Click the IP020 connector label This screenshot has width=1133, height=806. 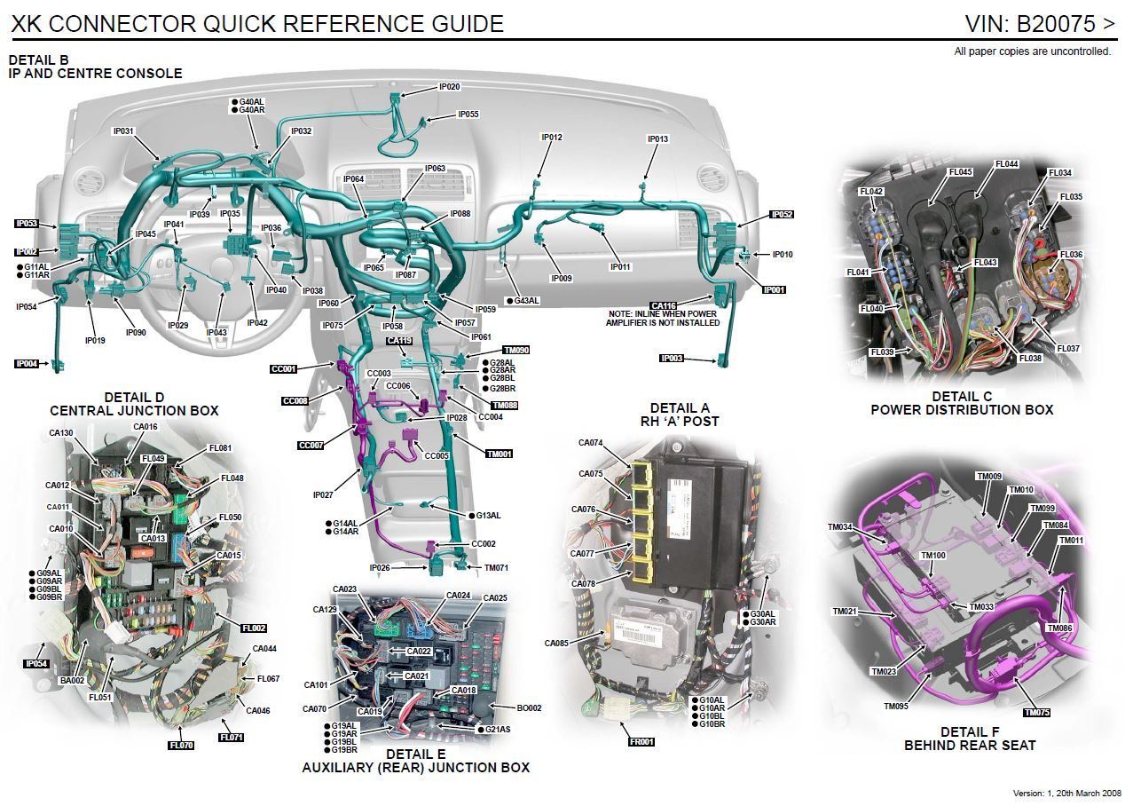click(450, 87)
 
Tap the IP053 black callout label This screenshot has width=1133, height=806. click(27, 224)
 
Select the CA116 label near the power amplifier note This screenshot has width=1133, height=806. click(664, 305)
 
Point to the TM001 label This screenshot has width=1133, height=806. click(499, 454)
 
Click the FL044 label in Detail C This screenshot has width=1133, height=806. click(1007, 164)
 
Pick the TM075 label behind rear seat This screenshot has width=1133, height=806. click(1036, 712)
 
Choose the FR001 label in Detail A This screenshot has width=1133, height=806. click(641, 741)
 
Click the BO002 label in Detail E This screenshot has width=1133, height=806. click(529, 708)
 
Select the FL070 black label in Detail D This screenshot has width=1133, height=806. click(181, 745)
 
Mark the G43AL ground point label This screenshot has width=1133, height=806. click(525, 301)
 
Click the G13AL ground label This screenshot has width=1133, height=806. click(488, 516)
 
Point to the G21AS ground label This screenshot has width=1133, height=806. click(497, 729)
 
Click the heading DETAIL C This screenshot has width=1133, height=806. click(962, 396)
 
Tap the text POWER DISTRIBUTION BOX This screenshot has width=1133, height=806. click(962, 410)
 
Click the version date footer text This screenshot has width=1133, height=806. click(1067, 793)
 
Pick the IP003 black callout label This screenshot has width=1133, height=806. click(672, 359)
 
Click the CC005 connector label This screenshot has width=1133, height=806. click(437, 455)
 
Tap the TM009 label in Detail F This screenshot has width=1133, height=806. click(989, 477)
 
